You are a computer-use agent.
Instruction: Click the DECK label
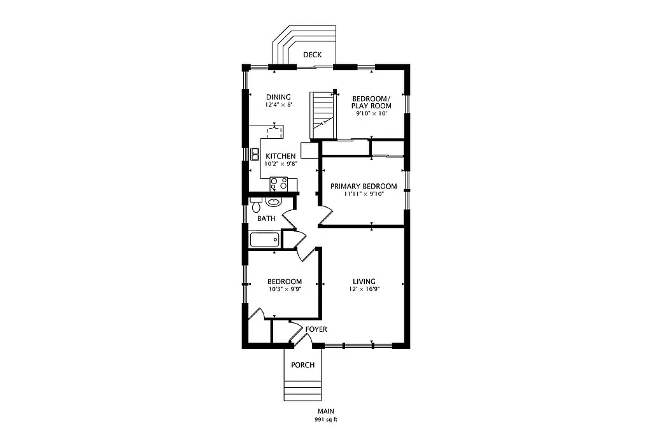point(312,55)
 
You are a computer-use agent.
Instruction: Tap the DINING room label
point(278,97)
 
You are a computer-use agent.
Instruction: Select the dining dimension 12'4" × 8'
point(278,104)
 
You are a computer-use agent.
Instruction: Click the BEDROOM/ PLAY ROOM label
point(372,102)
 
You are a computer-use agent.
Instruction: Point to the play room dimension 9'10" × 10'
point(372,113)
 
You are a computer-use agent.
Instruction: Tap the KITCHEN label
point(280,156)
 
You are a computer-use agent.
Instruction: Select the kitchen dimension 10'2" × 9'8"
point(280,164)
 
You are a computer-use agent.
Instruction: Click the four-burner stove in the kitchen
point(278,183)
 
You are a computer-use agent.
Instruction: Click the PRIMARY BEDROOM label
point(364,187)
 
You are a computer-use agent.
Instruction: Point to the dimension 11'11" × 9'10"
point(364,194)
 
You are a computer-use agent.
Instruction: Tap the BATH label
point(266,218)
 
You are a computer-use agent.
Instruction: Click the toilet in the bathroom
point(256,206)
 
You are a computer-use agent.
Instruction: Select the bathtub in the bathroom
point(264,240)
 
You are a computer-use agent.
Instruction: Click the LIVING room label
point(364,282)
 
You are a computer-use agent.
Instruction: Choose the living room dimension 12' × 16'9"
point(364,289)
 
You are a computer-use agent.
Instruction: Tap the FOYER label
point(316,329)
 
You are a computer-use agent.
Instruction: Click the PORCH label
point(302,365)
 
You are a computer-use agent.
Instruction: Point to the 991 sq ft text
point(325,420)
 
